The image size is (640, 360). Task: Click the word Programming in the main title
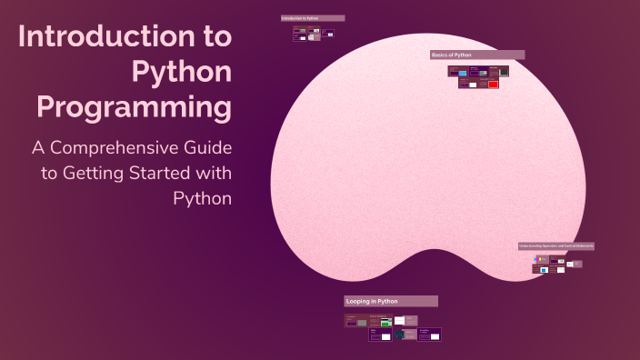click(134, 106)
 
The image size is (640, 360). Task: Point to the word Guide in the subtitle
click(205, 147)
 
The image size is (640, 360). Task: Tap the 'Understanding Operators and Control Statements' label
click(556, 245)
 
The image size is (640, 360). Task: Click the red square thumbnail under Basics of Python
click(493, 85)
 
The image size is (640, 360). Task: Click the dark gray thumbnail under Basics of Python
click(504, 71)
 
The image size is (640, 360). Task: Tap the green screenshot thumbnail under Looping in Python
click(386, 322)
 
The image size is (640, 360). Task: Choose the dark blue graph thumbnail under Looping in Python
click(399, 335)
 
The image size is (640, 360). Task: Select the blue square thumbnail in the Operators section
click(544, 270)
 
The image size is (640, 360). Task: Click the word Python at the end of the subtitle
click(203, 198)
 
